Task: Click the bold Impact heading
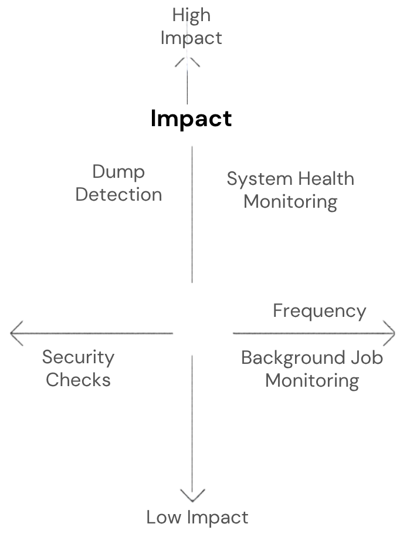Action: (191, 119)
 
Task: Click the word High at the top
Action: (191, 15)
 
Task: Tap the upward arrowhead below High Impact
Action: (188, 60)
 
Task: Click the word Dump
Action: (118, 172)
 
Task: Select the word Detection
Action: (118, 194)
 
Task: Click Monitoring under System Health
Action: (290, 201)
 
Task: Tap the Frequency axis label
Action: (320, 310)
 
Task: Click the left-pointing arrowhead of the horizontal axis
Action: (16, 333)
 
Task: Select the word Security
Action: (78, 357)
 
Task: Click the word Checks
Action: (78, 380)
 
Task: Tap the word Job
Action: (368, 357)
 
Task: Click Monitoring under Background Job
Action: (312, 380)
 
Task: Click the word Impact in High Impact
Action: (191, 38)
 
